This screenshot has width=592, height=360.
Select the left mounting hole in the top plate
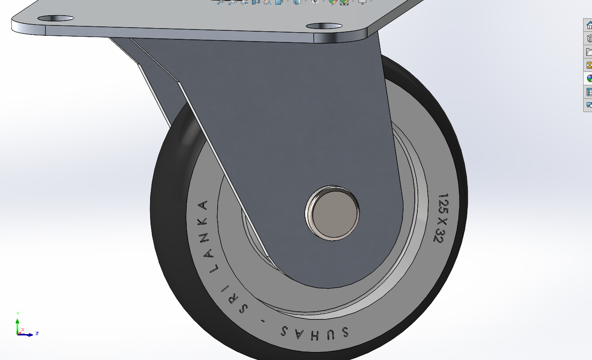(55, 18)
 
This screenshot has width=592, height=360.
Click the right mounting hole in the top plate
(324, 26)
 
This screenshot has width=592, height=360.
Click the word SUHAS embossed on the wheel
(315, 332)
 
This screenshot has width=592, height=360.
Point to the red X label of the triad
(23, 330)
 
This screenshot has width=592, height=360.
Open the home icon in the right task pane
(589, 25)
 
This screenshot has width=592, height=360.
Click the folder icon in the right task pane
(589, 52)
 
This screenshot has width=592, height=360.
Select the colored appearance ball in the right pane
(589, 79)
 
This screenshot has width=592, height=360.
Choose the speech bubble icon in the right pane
(589, 105)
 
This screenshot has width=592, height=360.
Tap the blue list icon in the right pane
(589, 92)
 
